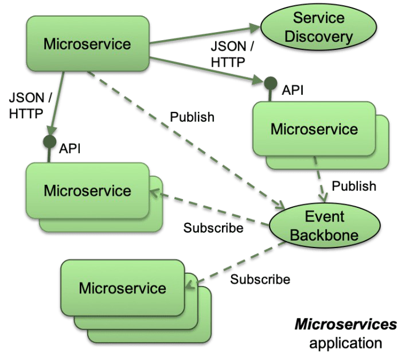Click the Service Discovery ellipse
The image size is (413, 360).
pyautogui.click(x=319, y=28)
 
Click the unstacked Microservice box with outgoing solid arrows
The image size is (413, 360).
pyautogui.click(x=87, y=44)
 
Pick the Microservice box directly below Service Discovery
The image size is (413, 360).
pyautogui.click(x=314, y=129)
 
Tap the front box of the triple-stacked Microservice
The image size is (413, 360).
pyautogui.click(x=122, y=288)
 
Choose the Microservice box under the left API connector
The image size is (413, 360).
pyautogui.click(x=87, y=191)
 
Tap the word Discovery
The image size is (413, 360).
pyautogui.click(x=319, y=37)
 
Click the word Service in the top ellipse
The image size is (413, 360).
pyautogui.click(x=319, y=18)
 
